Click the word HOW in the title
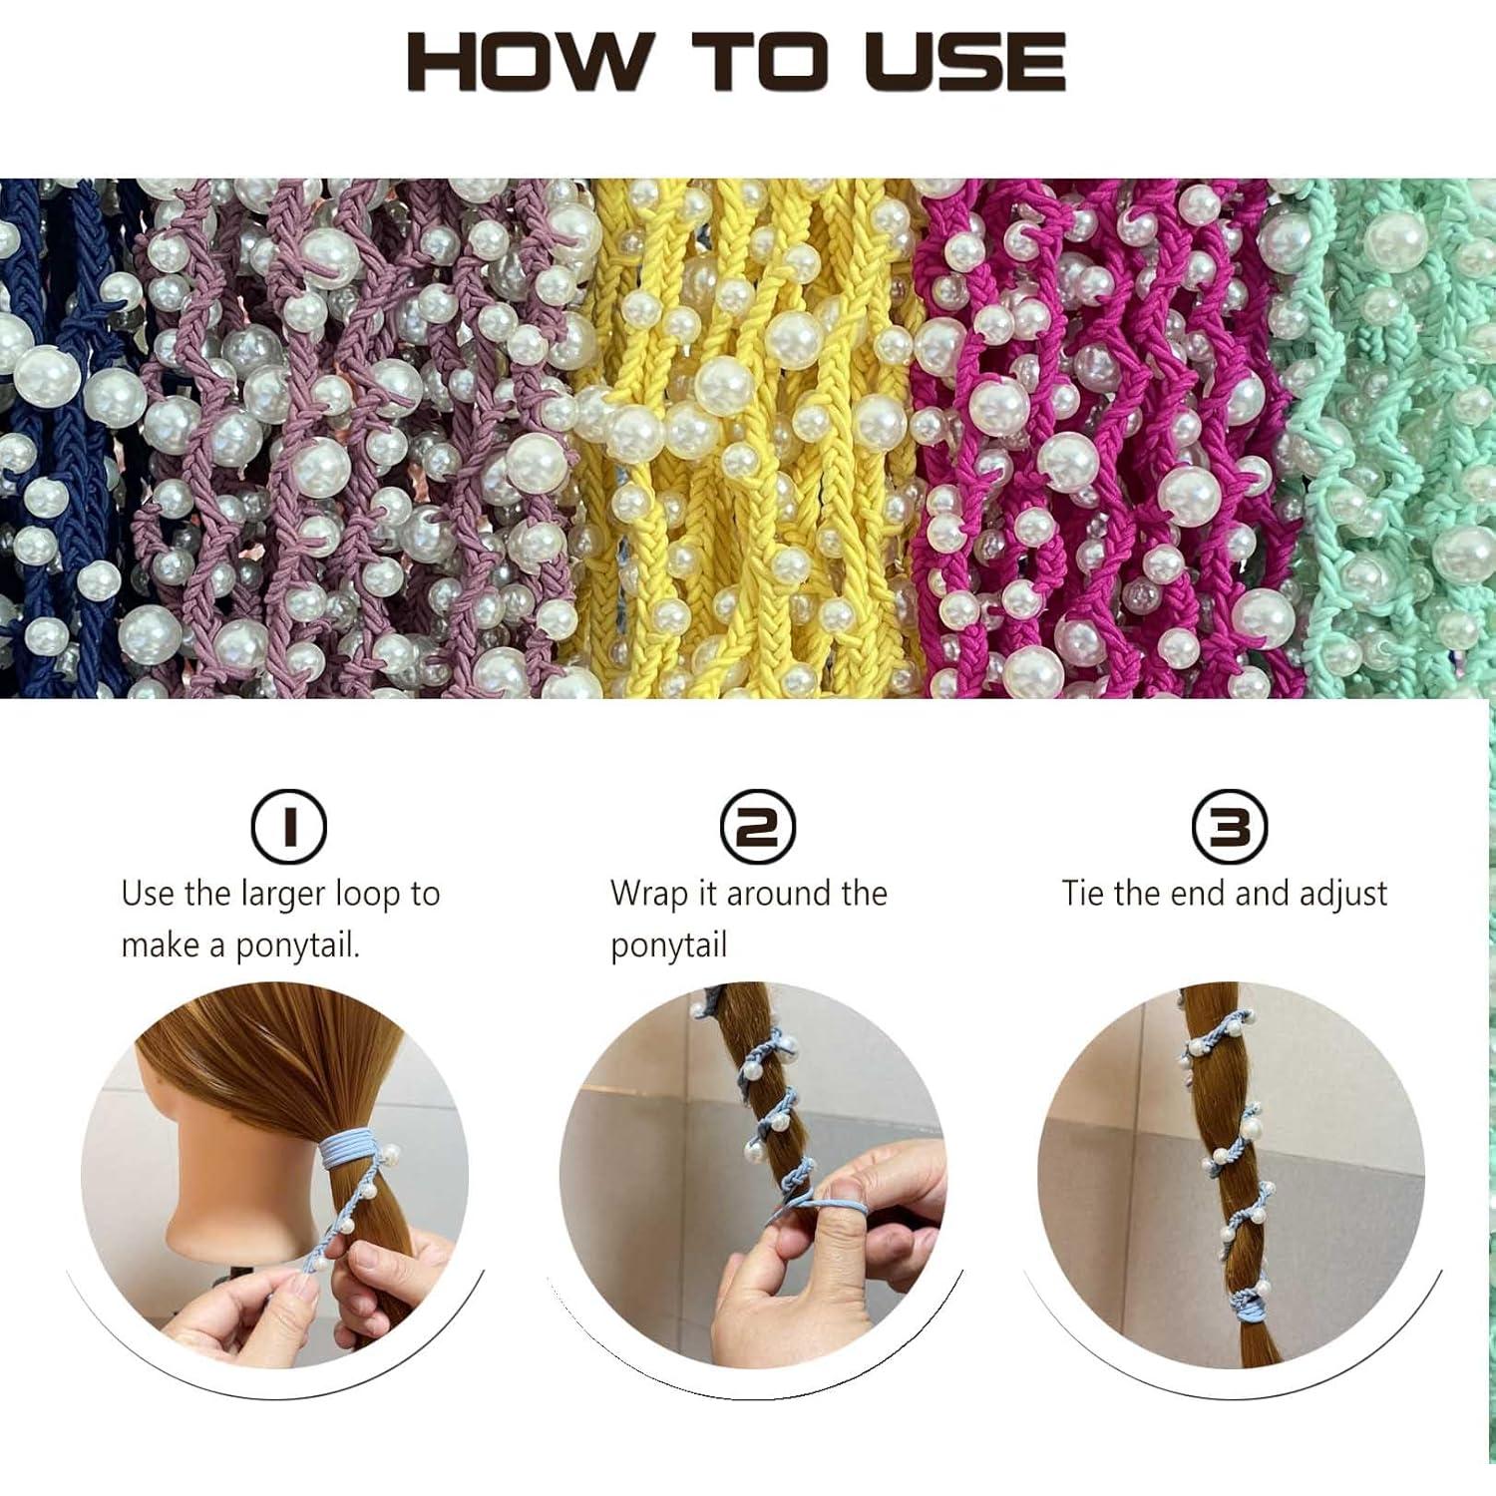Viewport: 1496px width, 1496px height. click(x=530, y=62)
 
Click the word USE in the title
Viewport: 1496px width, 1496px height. click(x=965, y=62)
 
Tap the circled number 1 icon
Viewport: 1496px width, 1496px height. click(x=288, y=827)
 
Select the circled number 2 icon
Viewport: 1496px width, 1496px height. click(x=757, y=827)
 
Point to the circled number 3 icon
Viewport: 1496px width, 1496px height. click(x=1229, y=827)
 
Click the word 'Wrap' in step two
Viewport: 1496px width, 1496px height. click(x=648, y=893)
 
